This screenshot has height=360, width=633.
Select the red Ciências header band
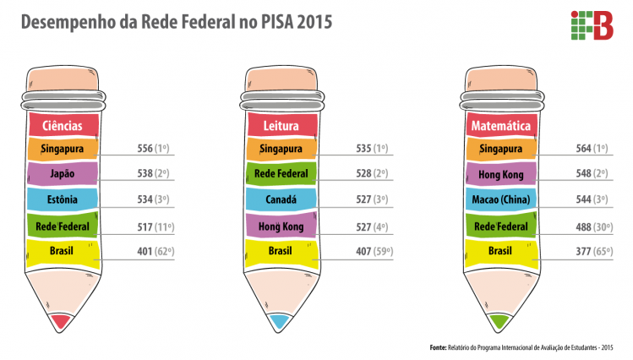click(64, 125)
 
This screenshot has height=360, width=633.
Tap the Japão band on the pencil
click(64, 175)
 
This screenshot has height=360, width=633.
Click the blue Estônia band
click(64, 200)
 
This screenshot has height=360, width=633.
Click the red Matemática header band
click(502, 125)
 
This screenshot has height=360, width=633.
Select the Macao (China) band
click(502, 200)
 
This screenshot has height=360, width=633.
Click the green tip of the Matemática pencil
click(500, 321)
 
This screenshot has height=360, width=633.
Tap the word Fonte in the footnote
click(438, 347)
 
